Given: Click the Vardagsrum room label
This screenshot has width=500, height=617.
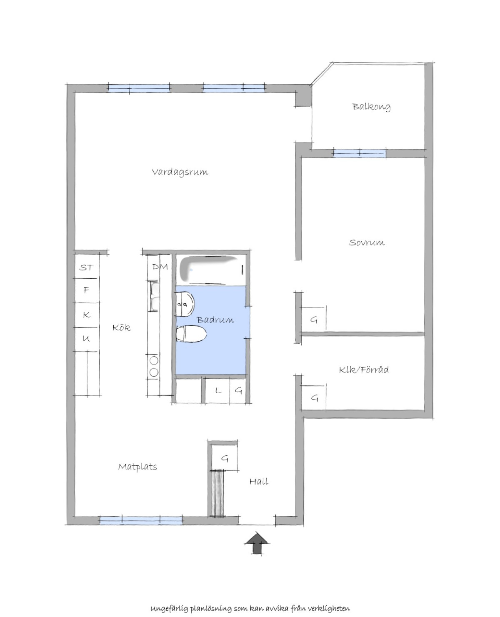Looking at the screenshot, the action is (x=180, y=172).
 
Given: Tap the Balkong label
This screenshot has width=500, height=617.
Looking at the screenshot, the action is (x=371, y=107).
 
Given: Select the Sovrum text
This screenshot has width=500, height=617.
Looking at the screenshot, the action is (x=366, y=242).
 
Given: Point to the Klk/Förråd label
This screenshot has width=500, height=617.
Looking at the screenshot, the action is (x=364, y=370).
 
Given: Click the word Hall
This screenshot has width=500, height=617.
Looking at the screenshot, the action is (x=259, y=482).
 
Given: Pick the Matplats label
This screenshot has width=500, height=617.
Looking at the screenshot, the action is (x=137, y=467).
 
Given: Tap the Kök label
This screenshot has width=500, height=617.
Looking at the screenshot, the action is (x=121, y=327).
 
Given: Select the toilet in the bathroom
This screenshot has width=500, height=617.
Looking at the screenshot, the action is (x=191, y=334).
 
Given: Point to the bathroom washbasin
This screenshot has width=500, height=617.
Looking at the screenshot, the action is (x=185, y=304).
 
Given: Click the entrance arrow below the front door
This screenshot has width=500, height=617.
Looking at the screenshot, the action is (x=257, y=543).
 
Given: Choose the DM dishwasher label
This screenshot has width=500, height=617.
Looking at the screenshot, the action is (x=160, y=267).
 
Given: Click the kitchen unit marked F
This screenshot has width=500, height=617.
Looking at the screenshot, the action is (x=87, y=290).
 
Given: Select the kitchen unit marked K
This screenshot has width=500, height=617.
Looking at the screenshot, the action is (x=87, y=315).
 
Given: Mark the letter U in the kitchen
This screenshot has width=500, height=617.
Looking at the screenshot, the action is (x=86, y=338).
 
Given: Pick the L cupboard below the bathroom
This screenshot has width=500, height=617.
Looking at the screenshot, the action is (x=217, y=390).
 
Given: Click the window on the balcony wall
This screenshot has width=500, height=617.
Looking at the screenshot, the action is (x=360, y=153).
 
